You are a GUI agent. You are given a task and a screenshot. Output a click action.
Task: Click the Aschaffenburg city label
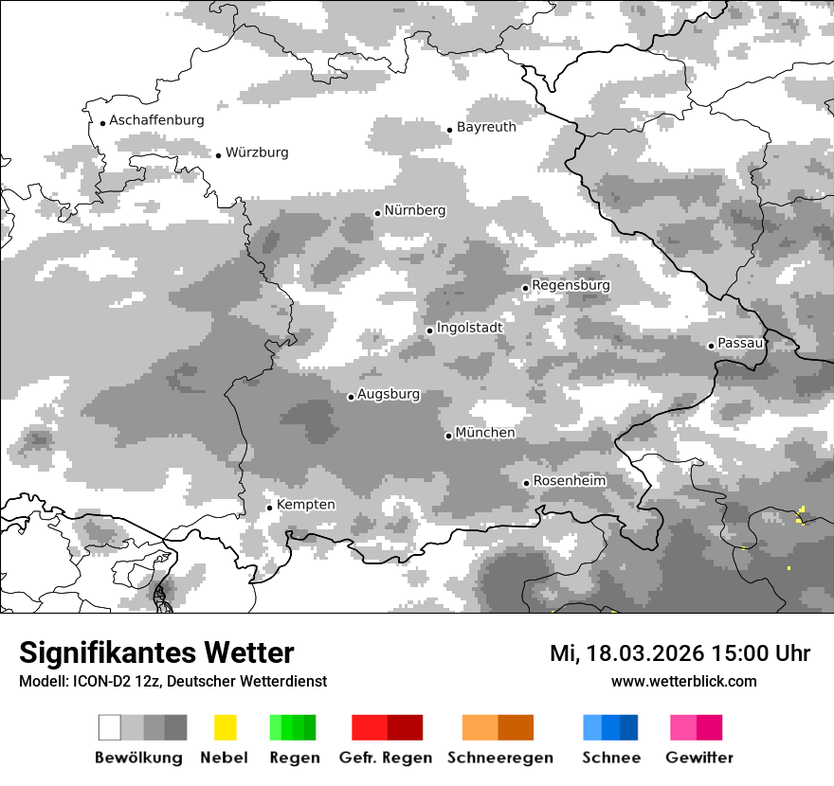click(156, 121)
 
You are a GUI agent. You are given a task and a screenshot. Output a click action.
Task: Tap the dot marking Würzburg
click(218, 155)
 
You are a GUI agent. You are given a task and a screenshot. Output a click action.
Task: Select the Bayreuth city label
click(486, 127)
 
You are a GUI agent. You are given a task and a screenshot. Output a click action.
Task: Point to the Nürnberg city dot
click(377, 213)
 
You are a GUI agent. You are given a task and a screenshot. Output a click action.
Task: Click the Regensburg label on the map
click(571, 285)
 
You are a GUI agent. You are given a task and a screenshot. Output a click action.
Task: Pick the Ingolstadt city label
click(469, 328)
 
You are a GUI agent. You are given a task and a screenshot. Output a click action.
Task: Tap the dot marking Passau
click(711, 346)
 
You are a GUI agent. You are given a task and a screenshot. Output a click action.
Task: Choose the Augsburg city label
click(389, 395)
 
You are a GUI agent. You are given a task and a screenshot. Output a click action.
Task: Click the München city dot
click(448, 436)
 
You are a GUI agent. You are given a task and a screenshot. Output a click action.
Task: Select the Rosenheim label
click(569, 481)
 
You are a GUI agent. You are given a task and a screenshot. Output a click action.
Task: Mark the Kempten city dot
click(269, 508)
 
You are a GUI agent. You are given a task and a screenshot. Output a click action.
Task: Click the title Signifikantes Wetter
click(156, 653)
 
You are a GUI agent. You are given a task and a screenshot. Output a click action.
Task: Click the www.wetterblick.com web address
click(683, 682)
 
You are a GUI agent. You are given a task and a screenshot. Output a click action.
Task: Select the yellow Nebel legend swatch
click(225, 727)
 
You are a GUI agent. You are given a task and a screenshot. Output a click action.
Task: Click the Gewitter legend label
click(699, 758)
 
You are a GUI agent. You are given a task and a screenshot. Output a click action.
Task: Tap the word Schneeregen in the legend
click(500, 758)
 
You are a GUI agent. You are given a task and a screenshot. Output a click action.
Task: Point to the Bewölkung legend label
click(138, 758)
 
